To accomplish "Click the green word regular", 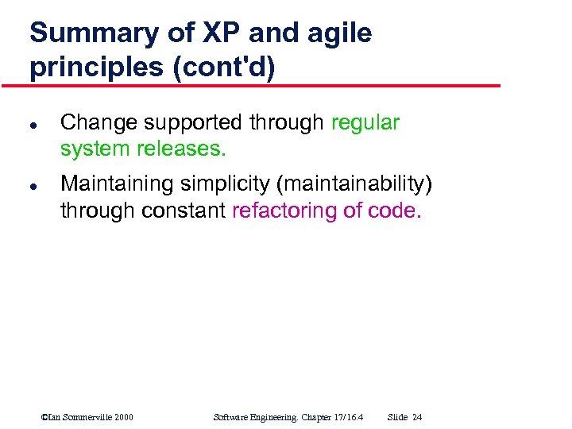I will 365,123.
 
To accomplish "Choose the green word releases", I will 181,149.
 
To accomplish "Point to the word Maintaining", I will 118,184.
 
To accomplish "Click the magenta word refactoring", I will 284,210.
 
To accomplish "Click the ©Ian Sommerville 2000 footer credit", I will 87,417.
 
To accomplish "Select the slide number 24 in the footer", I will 417,417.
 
